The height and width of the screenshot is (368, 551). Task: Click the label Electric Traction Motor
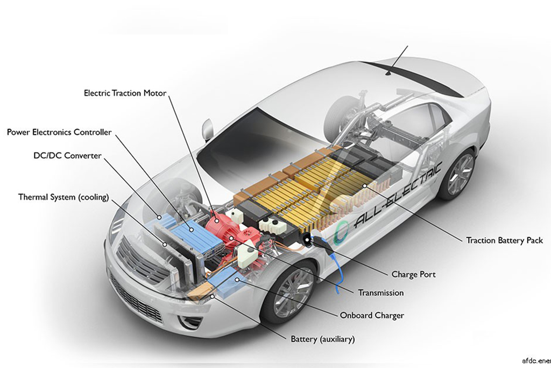pyautogui.click(x=125, y=93)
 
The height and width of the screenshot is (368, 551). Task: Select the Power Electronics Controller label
pyautogui.click(x=59, y=133)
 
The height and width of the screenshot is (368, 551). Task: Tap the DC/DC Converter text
pyautogui.click(x=67, y=156)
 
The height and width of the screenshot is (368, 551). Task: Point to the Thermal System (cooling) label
pyautogui.click(x=63, y=197)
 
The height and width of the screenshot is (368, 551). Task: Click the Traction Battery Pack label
pyautogui.click(x=504, y=240)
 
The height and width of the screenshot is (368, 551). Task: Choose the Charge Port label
pyautogui.click(x=414, y=274)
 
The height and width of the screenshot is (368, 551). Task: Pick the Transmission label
pyautogui.click(x=381, y=293)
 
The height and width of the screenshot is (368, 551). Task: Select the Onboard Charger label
pyautogui.click(x=372, y=315)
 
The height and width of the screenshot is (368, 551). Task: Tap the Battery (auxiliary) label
pyautogui.click(x=323, y=339)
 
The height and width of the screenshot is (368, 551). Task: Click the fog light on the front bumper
pyautogui.click(x=188, y=321)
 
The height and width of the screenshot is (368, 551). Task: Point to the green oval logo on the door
pyautogui.click(x=340, y=232)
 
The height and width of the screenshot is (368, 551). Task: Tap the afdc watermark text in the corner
pyautogui.click(x=536, y=360)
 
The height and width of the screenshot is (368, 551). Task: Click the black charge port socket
pyautogui.click(x=306, y=241)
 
